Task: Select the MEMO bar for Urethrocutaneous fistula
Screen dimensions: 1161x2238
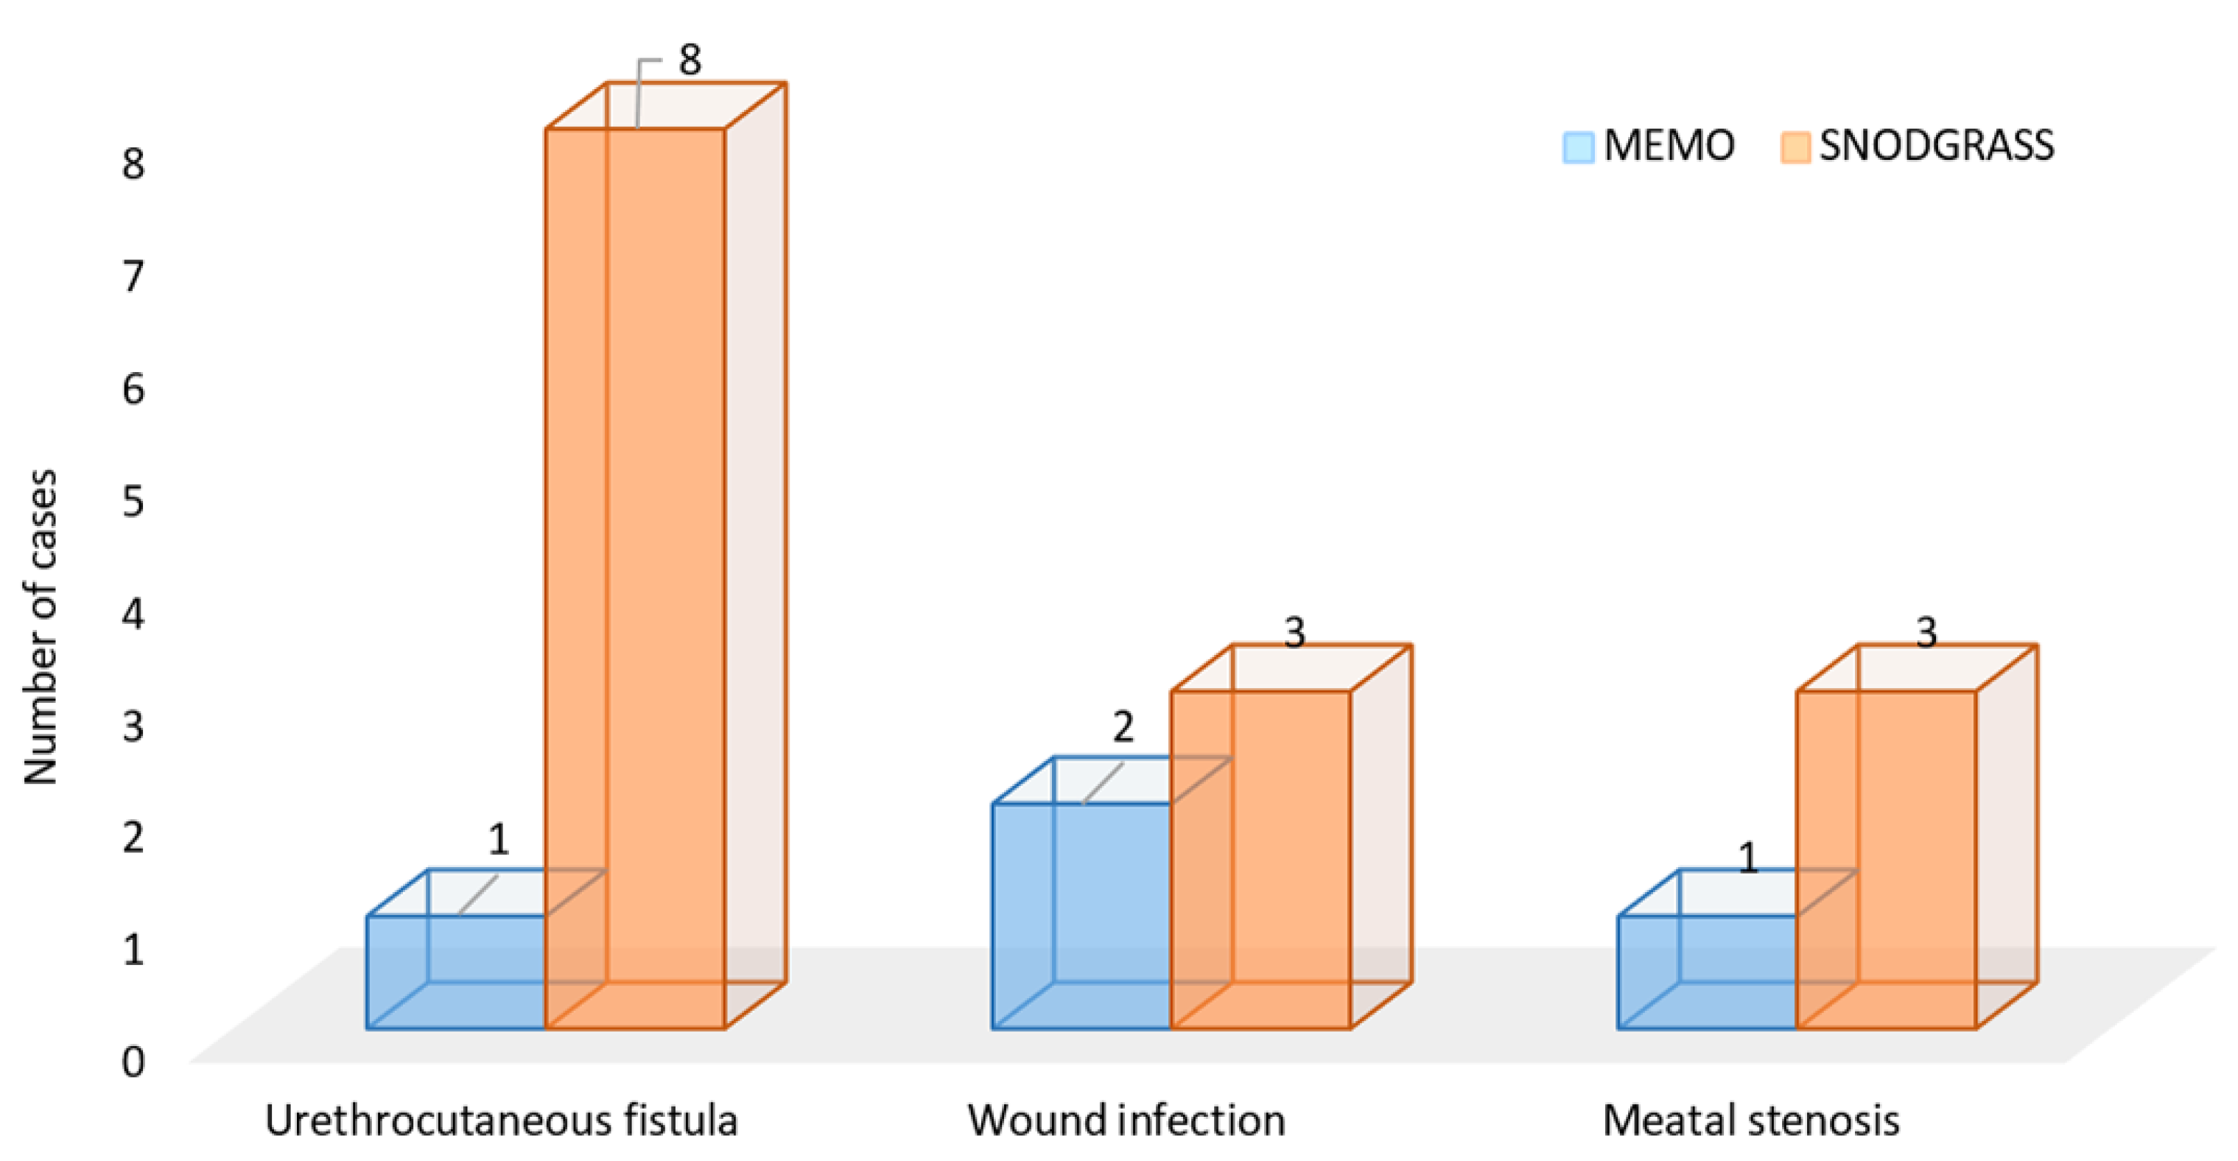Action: [x=455, y=972]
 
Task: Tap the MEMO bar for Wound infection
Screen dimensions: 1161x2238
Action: [x=1081, y=915]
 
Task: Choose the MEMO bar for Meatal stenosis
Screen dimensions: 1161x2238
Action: [x=1707, y=972]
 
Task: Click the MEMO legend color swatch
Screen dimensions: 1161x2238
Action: [x=1578, y=147]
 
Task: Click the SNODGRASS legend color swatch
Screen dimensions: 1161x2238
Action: [x=1794, y=147]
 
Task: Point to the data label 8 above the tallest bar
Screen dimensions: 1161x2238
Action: [x=690, y=60]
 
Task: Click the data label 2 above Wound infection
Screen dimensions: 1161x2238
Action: [x=1123, y=727]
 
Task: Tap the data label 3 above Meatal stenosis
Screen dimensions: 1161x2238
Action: [x=1926, y=633]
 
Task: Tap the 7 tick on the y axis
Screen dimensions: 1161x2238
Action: [x=133, y=276]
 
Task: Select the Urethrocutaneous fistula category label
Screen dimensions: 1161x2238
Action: [x=501, y=1121]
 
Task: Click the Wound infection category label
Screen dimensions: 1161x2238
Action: [x=1127, y=1121]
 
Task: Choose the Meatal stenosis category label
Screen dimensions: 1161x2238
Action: [x=1750, y=1121]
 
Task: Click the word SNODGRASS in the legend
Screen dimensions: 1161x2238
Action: [x=1937, y=145]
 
